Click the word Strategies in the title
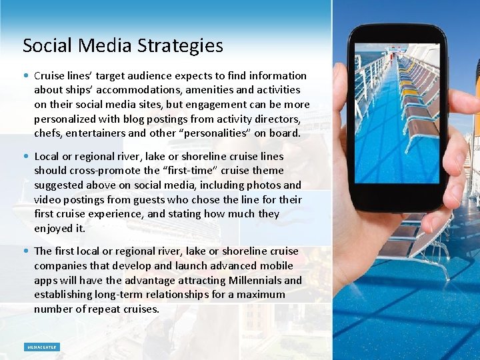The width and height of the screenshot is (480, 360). coord(181,46)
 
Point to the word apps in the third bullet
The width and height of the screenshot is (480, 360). coord(45,281)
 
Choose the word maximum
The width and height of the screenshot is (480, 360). coord(263,295)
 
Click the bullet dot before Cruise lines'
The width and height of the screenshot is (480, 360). coord(25,76)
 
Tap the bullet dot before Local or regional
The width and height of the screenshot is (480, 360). coord(25,157)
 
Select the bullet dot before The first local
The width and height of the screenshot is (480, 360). coord(25,251)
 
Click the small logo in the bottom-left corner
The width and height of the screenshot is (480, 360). coord(42,347)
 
